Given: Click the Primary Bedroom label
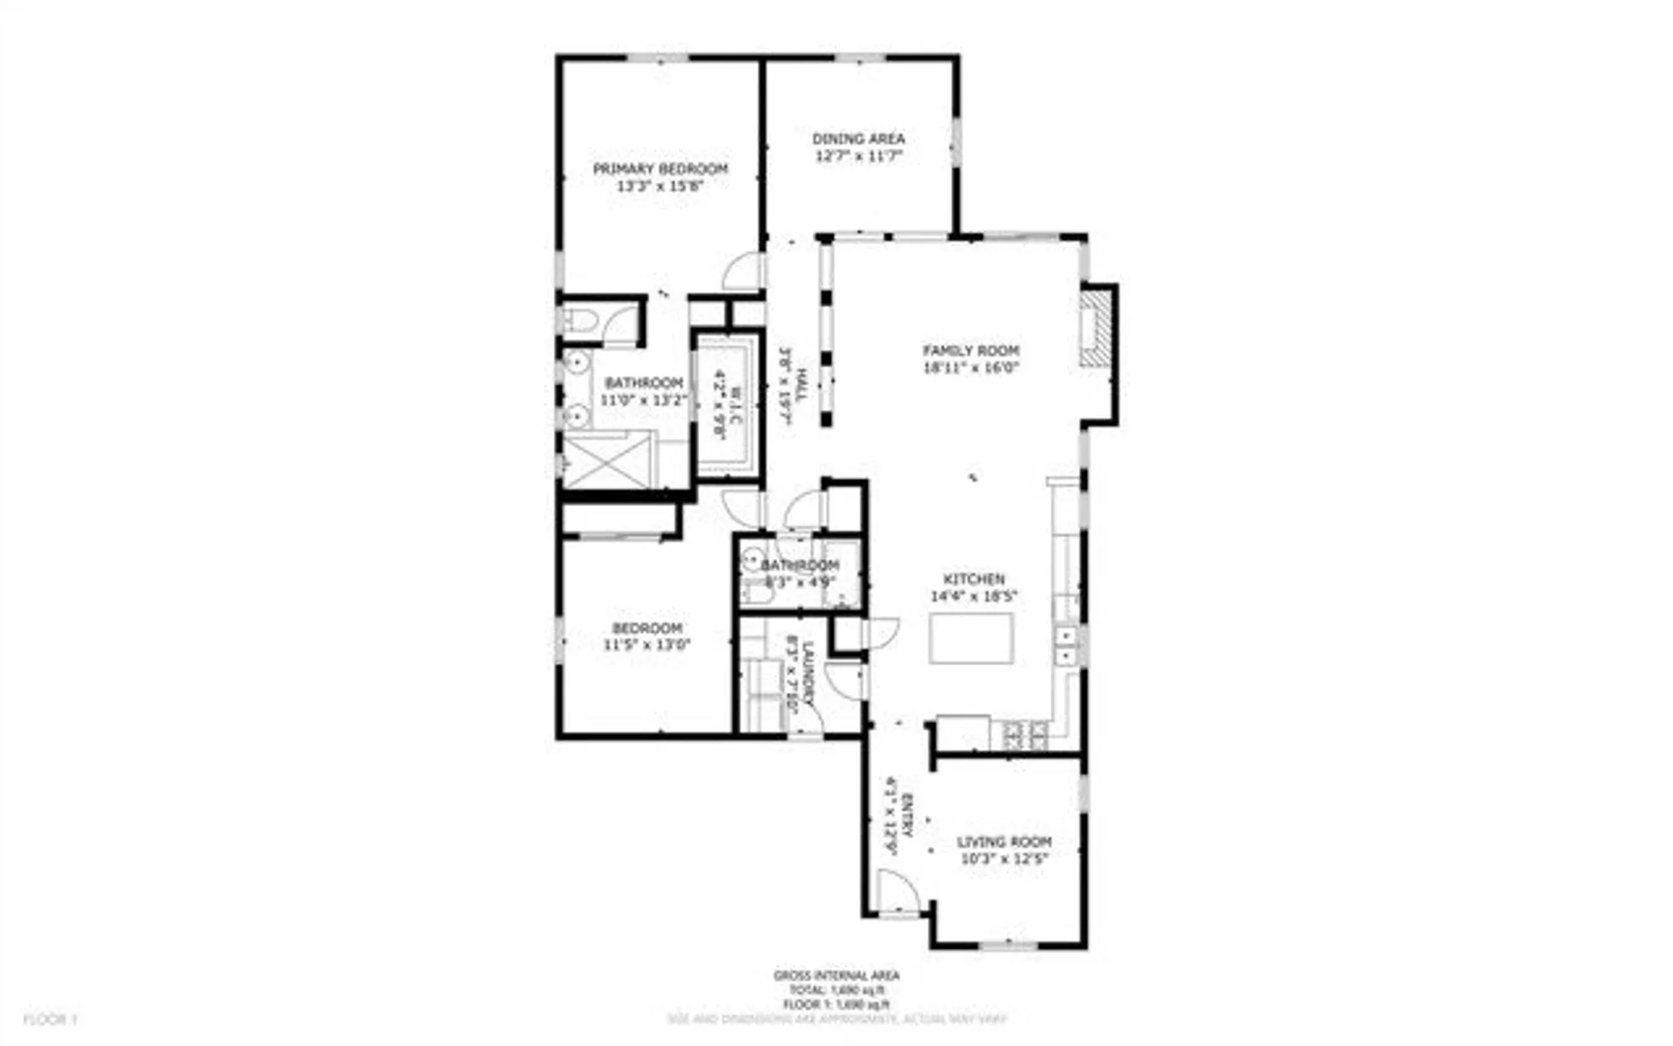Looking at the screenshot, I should (660, 168).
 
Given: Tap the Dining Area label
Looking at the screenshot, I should (858, 139).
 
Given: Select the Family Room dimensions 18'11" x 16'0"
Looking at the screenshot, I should (970, 367).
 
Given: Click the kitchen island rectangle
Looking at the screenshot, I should (971, 638).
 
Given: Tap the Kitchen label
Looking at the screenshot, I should (974, 579).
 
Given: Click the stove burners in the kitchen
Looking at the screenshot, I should (1026, 736).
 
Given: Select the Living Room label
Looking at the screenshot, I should (1004, 842).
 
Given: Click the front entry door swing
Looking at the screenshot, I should (897, 891).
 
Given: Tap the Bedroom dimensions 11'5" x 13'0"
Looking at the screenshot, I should (647, 645).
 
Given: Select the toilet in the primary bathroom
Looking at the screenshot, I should (577, 319).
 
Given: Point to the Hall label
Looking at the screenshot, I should (801, 386).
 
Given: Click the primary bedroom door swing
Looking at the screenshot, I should (744, 273).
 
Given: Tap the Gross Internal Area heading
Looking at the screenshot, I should (836, 976).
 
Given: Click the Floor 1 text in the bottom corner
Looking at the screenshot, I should (49, 1019).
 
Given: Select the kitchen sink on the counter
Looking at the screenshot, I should (1067, 645).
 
